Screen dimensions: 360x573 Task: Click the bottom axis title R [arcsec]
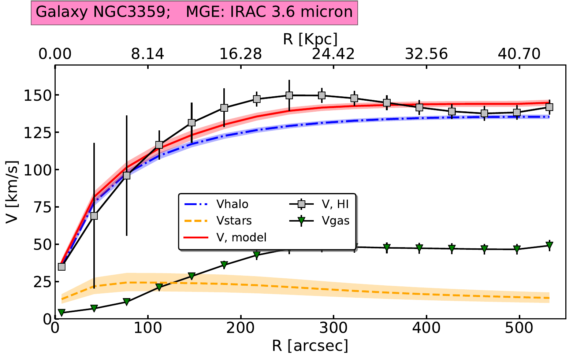(310, 345)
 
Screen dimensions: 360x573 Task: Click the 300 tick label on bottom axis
(333, 329)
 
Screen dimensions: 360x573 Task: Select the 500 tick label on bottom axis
(519, 329)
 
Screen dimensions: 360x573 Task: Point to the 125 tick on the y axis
(38, 133)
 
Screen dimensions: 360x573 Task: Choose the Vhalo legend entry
(232, 204)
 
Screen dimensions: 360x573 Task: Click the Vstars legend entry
(234, 221)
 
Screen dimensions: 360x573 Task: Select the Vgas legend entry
(335, 221)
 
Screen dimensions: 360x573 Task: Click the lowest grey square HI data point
(62, 267)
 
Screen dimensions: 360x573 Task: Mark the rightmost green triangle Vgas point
(549, 245)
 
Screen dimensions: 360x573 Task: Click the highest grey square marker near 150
(289, 95)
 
